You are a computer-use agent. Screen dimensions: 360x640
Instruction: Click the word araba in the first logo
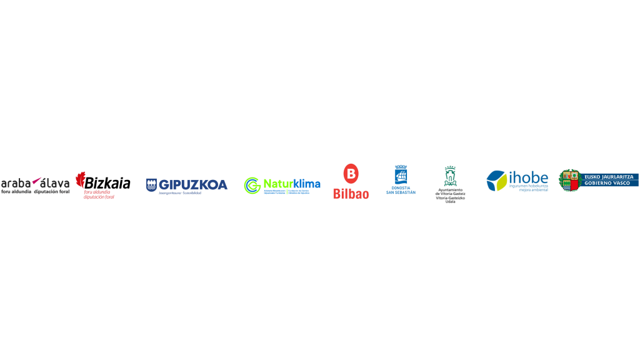(x=16, y=183)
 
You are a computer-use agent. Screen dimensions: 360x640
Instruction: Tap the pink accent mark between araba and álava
(x=37, y=180)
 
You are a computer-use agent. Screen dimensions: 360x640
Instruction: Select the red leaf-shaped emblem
(x=81, y=180)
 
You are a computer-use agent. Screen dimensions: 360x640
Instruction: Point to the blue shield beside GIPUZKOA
(x=151, y=184)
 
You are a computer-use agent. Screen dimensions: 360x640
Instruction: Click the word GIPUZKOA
(x=193, y=184)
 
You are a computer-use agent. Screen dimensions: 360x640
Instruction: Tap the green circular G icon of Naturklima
(x=252, y=185)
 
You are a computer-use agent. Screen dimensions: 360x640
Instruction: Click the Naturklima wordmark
(x=292, y=183)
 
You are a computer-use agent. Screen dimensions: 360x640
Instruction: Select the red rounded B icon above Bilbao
(x=351, y=173)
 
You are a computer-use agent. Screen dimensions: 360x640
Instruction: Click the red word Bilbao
(x=351, y=194)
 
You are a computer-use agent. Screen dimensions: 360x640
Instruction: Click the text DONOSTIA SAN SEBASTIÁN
(x=401, y=190)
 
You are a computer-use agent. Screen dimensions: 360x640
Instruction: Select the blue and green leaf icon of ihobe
(x=497, y=181)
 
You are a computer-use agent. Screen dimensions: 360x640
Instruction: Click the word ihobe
(x=529, y=177)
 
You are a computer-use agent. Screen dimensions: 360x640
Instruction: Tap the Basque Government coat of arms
(x=569, y=180)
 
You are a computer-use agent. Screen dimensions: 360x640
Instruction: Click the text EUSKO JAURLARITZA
(x=608, y=177)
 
